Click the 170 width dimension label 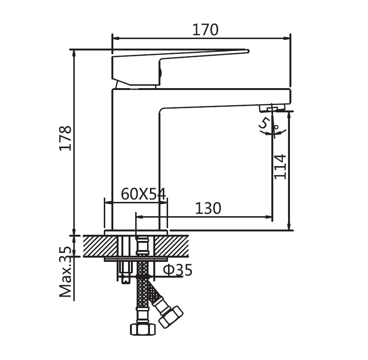[x=205, y=30]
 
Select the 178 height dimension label [x=65, y=138]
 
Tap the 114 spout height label [x=280, y=167]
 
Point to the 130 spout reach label [x=208, y=209]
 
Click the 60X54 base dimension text [x=143, y=194]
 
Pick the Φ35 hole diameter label [x=178, y=270]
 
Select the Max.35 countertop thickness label [x=65, y=271]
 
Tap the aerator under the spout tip [x=272, y=109]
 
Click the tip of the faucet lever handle [x=248, y=51]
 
